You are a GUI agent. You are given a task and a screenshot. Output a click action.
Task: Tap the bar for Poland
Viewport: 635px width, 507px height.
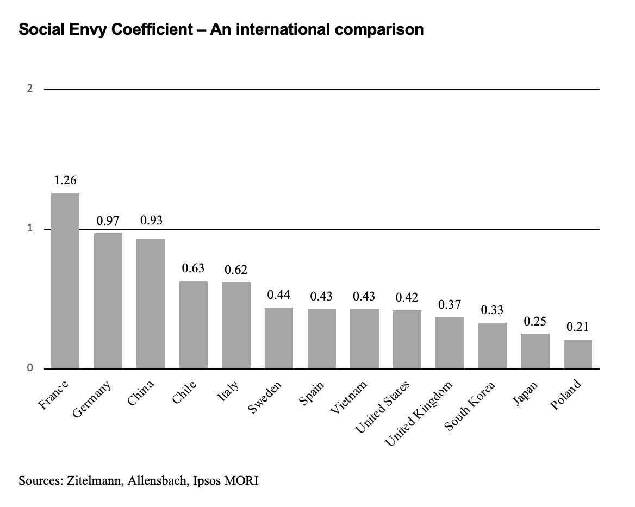click(x=577, y=354)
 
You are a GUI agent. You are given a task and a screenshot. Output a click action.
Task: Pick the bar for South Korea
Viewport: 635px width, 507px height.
click(x=493, y=346)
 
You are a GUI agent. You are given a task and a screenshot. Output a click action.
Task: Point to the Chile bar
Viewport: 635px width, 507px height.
click(x=194, y=324)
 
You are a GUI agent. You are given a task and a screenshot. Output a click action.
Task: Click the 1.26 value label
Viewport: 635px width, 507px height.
click(x=65, y=180)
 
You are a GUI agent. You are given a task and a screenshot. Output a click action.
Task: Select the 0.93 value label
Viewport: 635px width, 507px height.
click(x=151, y=221)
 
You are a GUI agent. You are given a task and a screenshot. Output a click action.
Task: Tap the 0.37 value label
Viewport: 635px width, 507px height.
click(x=450, y=304)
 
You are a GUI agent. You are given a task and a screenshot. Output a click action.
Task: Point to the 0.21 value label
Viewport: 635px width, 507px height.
click(x=577, y=327)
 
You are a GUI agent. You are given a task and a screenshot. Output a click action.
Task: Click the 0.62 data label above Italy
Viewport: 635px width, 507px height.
click(x=236, y=270)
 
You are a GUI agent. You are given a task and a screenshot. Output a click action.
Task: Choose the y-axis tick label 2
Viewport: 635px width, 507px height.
click(x=30, y=89)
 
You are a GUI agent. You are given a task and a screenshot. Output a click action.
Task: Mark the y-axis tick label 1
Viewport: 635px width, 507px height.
click(x=30, y=229)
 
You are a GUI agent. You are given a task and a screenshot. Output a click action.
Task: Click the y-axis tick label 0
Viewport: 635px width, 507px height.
click(x=30, y=368)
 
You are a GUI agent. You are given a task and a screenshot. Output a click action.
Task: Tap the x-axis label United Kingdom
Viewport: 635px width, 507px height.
click(x=419, y=414)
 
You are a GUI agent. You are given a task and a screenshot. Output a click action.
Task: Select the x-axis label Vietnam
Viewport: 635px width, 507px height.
click(x=350, y=398)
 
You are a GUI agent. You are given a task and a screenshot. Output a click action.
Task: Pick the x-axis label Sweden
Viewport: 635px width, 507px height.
click(x=265, y=398)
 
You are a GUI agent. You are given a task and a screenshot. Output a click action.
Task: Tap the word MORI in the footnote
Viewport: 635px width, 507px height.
click(x=243, y=480)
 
